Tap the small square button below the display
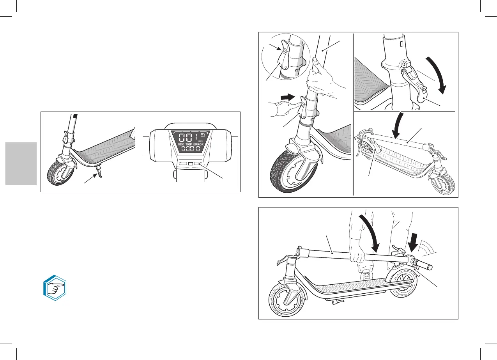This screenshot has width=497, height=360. (191, 165)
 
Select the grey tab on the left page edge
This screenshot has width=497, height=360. (21, 163)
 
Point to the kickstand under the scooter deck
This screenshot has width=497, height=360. (100, 172)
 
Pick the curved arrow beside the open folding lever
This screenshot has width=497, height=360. (436, 74)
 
